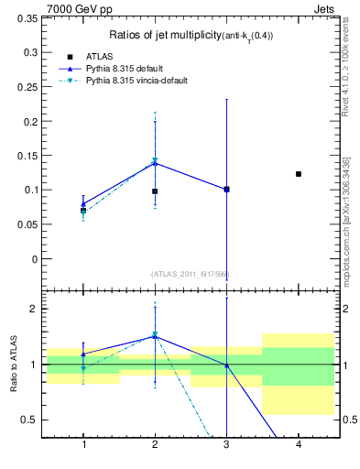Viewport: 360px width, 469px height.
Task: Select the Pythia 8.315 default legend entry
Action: pyautogui.click(x=120, y=68)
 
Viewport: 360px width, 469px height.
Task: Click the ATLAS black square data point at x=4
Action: pyautogui.click(x=299, y=174)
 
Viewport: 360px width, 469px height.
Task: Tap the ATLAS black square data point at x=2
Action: pyautogui.click(x=155, y=191)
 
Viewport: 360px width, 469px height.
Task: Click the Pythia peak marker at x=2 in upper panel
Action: pyautogui.click(x=155, y=162)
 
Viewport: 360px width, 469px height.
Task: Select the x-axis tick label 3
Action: pyautogui.click(x=226, y=444)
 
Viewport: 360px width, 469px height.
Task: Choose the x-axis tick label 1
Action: pyautogui.click(x=83, y=444)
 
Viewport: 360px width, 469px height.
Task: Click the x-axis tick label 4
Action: pyautogui.click(x=299, y=444)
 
